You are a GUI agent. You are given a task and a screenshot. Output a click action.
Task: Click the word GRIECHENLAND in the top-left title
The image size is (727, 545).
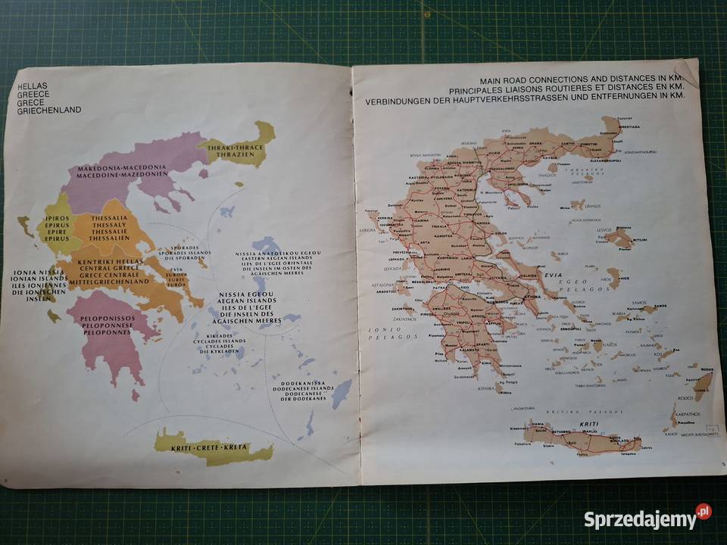pos(49,111)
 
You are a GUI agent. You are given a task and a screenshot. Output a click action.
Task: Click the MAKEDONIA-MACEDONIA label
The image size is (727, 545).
pos(126,167)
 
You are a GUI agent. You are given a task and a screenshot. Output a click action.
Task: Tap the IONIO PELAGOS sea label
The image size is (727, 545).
pos(390,332)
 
